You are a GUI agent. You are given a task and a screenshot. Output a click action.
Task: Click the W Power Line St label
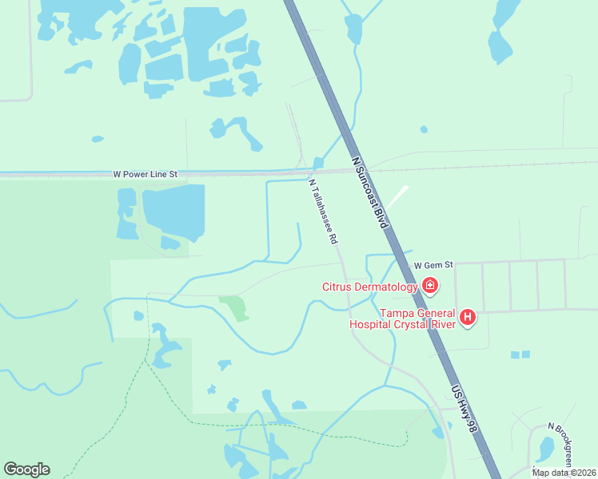(145, 172)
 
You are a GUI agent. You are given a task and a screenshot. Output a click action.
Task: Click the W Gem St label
(433, 264)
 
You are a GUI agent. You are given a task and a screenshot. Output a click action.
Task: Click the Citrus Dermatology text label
(370, 287)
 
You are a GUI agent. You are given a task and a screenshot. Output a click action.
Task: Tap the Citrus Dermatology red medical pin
(430, 286)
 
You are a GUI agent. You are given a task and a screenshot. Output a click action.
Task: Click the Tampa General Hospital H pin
(468, 318)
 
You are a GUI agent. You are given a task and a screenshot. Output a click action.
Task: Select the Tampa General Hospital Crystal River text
(402, 318)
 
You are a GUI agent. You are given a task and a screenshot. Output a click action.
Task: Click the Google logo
(26, 469)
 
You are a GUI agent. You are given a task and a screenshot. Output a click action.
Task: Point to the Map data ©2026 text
(564, 473)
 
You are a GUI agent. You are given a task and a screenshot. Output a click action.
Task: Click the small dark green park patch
(233, 307)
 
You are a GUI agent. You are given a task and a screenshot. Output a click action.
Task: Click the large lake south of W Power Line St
(173, 209)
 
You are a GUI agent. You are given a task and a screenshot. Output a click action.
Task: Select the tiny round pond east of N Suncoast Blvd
(424, 129)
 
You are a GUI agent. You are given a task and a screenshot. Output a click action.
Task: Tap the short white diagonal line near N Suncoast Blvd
(398, 196)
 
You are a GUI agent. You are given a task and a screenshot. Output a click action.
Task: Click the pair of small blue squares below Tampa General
(520, 354)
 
